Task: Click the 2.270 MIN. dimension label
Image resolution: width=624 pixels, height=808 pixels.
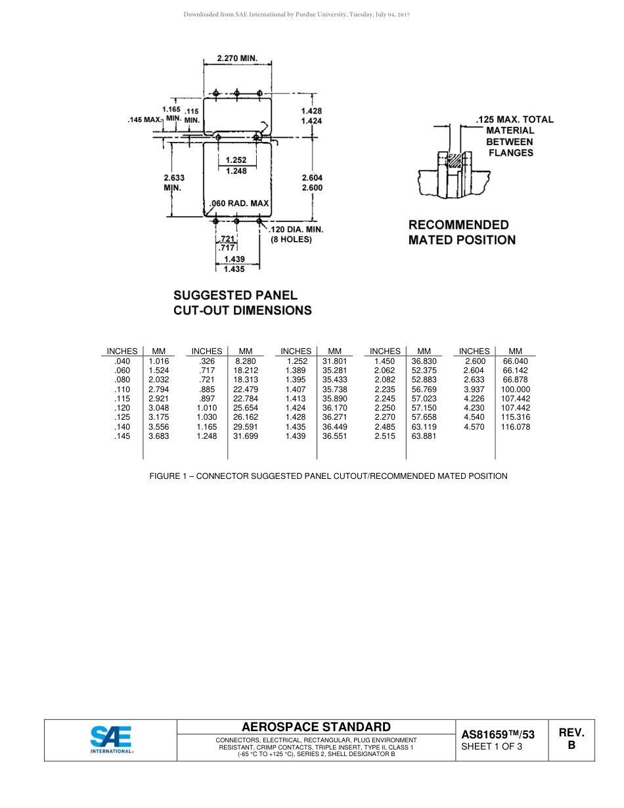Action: [236, 58]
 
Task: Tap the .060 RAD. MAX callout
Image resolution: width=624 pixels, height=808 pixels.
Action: [240, 204]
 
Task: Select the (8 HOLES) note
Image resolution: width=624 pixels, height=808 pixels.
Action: [291, 240]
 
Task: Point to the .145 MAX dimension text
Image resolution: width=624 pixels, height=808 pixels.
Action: [143, 120]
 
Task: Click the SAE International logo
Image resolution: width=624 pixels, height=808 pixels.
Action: [111, 740]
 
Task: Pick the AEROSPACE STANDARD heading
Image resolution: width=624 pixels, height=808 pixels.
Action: [316, 727]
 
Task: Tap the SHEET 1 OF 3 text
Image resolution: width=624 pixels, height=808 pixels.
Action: [492, 746]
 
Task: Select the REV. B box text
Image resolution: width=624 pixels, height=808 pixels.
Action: [571, 739]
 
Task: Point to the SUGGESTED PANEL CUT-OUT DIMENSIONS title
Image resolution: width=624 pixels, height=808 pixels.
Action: [242, 303]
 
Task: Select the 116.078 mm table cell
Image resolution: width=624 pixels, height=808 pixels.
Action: [516, 427]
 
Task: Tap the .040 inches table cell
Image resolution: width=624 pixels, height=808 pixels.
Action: [122, 361]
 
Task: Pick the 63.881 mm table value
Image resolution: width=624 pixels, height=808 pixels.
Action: [424, 436]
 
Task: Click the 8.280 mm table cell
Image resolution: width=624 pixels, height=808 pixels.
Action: [245, 361]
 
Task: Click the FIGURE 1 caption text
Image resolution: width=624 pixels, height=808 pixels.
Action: [328, 476]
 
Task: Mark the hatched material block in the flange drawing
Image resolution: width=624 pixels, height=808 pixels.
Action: [453, 160]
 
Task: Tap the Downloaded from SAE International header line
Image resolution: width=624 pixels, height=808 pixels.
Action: [296, 14]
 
